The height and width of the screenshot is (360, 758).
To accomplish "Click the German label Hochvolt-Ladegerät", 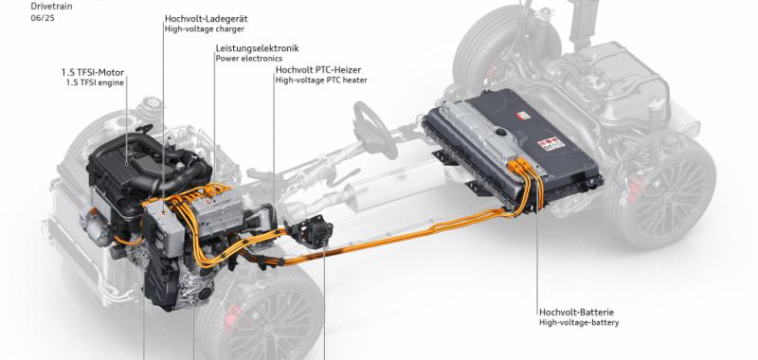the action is click(207, 19).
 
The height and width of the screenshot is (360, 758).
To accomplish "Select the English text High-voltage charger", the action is click(205, 29).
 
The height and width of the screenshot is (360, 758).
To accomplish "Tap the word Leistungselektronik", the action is click(257, 48).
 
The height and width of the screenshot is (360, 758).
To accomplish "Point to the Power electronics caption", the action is click(249, 59).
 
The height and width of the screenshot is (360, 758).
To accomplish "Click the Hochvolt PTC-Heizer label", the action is click(318, 70).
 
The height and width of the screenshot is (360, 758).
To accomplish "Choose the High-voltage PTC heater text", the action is click(321, 81).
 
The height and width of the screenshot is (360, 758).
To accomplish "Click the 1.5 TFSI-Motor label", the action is click(92, 73).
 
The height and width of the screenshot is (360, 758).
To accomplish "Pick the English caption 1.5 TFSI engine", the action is click(95, 82).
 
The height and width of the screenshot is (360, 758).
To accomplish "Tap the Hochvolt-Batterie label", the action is click(577, 313).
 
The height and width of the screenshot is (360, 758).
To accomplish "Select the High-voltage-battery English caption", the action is click(579, 322).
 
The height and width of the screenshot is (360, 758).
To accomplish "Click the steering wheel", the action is click(374, 130).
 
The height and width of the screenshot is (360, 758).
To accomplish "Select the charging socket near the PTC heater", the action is click(314, 230).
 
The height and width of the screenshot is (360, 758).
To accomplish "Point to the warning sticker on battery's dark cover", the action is click(549, 143).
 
